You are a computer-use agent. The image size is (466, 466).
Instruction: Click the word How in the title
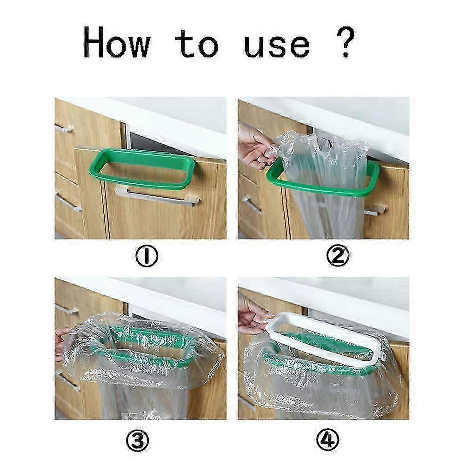coord(116,42)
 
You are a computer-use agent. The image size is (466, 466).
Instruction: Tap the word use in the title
coord(277,46)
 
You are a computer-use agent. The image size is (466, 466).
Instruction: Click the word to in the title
coord(197,44)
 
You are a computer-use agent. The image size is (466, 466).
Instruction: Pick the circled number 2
coord(338,256)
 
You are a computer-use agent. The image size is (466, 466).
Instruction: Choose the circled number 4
coord(327,440)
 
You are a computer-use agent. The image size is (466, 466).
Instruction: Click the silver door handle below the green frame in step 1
coord(158,196)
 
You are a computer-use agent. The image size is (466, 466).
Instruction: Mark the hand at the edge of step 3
coord(60,343)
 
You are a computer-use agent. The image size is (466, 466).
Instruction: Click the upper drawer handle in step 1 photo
coord(64,128)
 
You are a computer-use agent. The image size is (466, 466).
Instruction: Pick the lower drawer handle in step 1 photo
coord(68,203)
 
